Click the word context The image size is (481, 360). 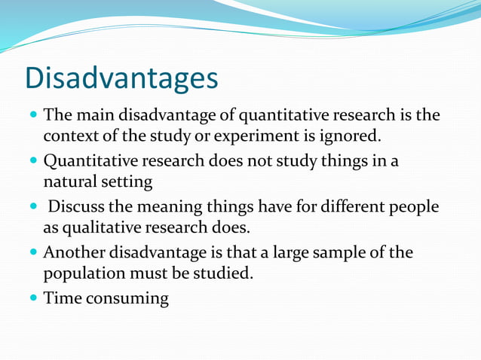coord(69,137)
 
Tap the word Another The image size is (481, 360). coord(75,252)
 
